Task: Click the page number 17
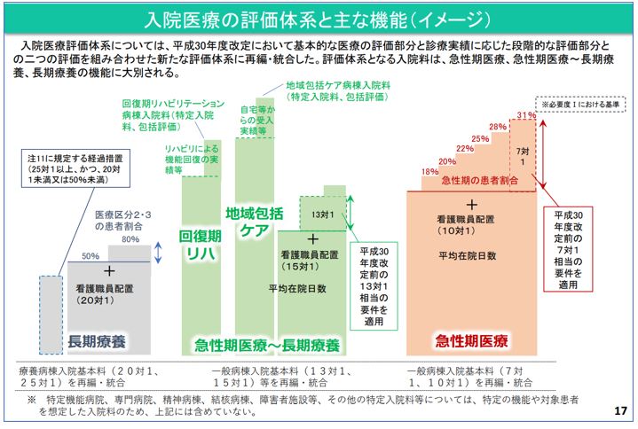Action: pos(619,412)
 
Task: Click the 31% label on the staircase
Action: pos(525,115)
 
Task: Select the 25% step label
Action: pos(480,138)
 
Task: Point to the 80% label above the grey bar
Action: pos(131,239)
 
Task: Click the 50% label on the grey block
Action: pos(91,255)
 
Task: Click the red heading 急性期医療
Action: pos(471,340)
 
